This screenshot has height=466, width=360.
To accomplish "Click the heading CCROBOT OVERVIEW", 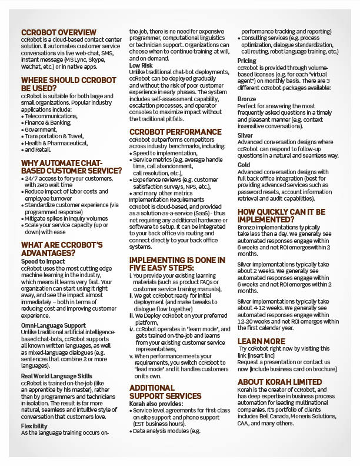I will coord(58,32).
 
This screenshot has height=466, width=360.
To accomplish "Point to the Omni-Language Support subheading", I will coord(54,325).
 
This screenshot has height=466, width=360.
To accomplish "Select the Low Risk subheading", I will coord(141,65).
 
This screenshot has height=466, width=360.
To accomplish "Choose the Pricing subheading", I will coord(247,61).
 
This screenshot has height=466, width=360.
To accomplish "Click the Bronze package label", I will coord(247,98).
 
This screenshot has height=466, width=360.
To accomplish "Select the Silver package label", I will coord(245,135).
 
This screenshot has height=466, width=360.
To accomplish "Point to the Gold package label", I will coord(244,165).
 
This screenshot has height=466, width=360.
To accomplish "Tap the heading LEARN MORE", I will coord(261,341).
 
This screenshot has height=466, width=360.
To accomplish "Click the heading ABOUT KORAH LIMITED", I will coord(280,381).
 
